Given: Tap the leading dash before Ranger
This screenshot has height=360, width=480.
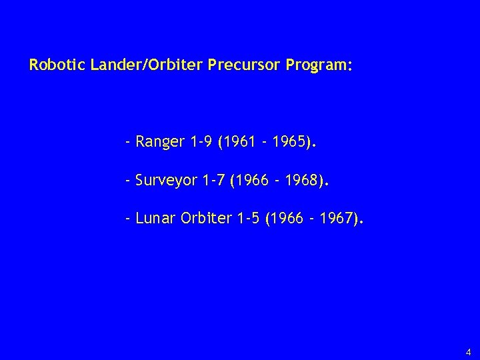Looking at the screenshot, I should point(127,142).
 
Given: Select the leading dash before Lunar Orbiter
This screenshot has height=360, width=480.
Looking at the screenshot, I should point(127,217).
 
